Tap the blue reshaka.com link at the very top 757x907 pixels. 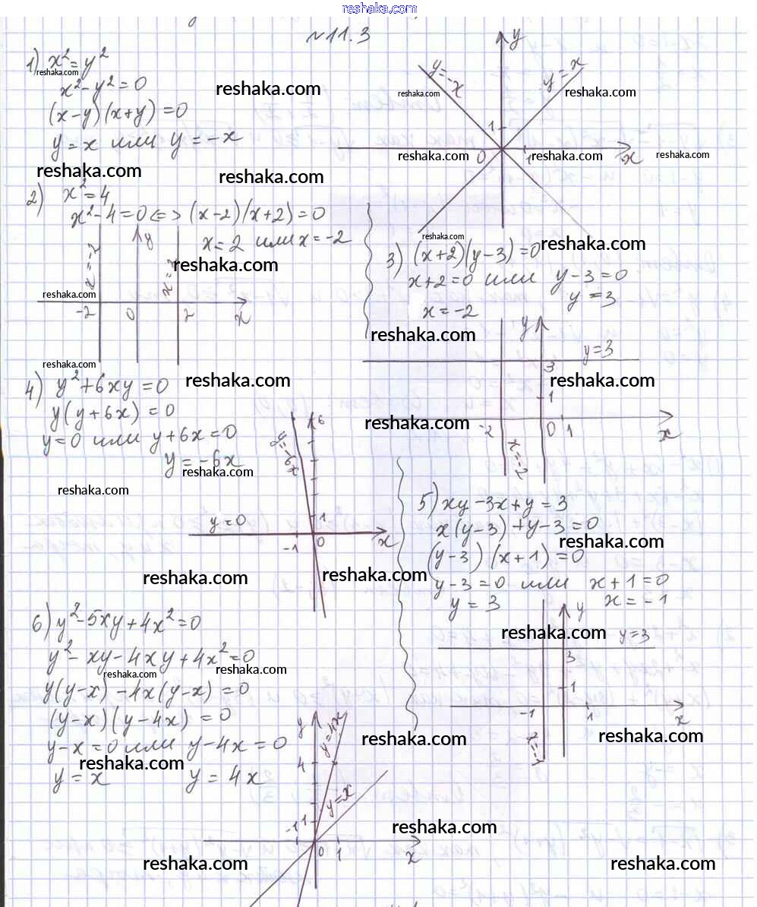pyautogui.click(x=380, y=8)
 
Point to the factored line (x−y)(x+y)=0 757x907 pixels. pyautogui.click(x=117, y=114)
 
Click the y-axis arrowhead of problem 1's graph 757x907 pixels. pyautogui.click(x=502, y=37)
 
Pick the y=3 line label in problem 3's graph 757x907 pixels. pyautogui.click(x=598, y=350)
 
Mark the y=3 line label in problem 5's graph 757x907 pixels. pyautogui.click(x=633, y=635)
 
